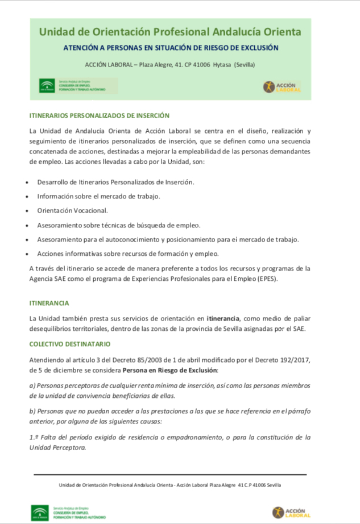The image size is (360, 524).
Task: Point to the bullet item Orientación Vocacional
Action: point(72,211)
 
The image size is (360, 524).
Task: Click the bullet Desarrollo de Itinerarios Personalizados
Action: point(115,182)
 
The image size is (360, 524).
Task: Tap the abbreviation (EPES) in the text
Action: point(266,279)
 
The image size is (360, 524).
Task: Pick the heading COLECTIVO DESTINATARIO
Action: point(69,344)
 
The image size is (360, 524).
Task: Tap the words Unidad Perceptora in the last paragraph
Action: point(57,447)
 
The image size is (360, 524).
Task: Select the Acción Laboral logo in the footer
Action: point(292,511)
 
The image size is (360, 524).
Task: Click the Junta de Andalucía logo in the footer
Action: point(40,511)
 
